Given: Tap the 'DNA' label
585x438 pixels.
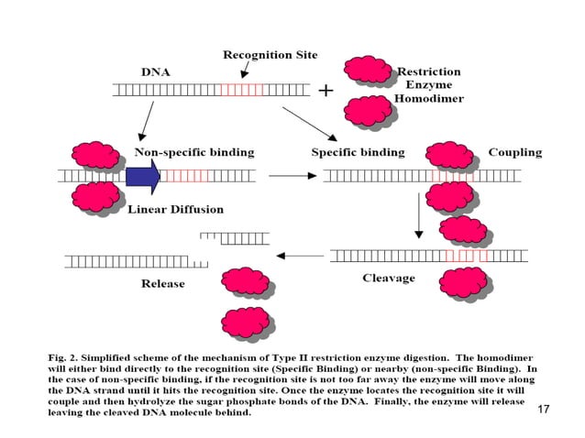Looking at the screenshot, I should pos(155,71).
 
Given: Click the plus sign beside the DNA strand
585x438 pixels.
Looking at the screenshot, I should pos(326,91).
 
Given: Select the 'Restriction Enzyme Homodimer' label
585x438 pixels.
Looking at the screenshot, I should pos(429,83).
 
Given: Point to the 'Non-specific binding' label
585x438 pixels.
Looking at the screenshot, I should pos(194,151).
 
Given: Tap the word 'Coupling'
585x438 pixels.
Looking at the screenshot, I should pos(514,152).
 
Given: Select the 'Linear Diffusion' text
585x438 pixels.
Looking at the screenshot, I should pos(174,209).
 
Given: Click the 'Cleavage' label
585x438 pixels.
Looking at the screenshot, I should pos(389,278).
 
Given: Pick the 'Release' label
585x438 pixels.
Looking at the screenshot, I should pos(162,283).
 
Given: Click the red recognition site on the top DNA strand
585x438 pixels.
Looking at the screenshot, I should pos(242,90).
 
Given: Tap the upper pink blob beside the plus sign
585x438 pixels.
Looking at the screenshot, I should pos(368,69).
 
